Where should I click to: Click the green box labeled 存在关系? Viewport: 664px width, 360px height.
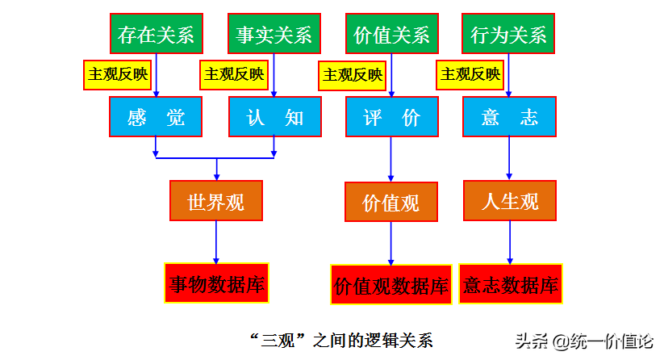[157, 33]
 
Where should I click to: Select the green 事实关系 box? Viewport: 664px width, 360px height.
[274, 33]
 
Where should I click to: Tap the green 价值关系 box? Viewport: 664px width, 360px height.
[392, 33]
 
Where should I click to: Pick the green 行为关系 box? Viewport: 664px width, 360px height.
[508, 33]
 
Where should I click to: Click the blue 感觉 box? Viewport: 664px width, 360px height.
[156, 116]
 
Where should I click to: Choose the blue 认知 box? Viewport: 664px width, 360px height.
[275, 116]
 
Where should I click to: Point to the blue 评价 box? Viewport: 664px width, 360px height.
[392, 116]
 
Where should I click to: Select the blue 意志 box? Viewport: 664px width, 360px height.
[509, 116]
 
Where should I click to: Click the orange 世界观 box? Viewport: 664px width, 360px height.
[216, 201]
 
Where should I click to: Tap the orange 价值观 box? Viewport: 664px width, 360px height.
[391, 202]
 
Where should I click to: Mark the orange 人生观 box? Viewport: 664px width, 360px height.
[510, 201]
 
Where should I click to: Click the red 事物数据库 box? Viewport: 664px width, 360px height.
[216, 283]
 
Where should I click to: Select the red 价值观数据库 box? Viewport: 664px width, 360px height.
[391, 285]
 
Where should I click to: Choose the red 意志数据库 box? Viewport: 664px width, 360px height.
[511, 284]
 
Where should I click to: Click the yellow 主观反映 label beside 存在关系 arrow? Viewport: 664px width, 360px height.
[118, 75]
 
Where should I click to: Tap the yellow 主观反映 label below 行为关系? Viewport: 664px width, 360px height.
[470, 75]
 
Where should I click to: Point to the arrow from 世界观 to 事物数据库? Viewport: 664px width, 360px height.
[216, 242]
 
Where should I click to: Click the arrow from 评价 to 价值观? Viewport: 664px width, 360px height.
[390, 159]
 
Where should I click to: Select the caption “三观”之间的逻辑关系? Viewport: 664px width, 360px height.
[341, 340]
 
